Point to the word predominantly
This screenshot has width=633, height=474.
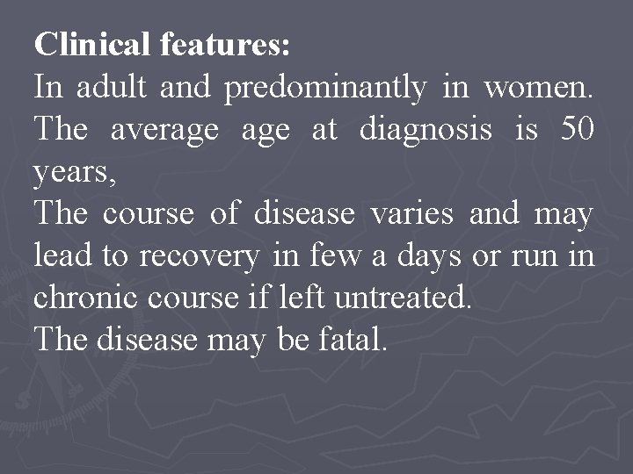pyautogui.click(x=325, y=88)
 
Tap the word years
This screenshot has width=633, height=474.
pyautogui.click(x=73, y=173)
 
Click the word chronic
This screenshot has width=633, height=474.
pyautogui.click(x=84, y=298)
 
